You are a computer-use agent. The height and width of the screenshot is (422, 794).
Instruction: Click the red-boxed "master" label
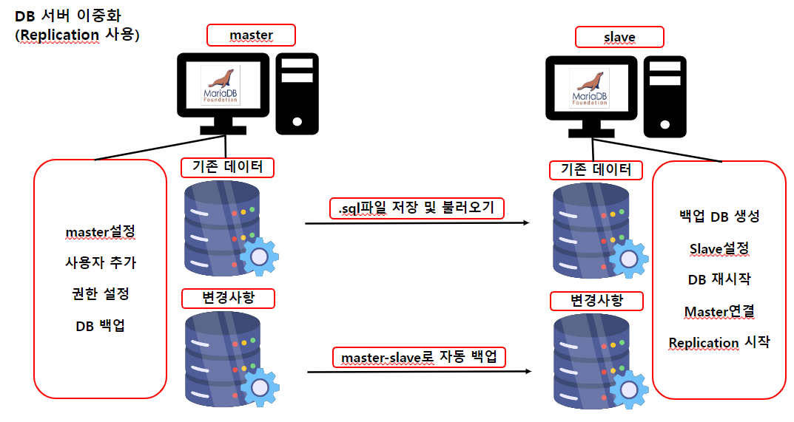point(251,35)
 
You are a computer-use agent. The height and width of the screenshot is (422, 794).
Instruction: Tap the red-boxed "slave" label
point(619,37)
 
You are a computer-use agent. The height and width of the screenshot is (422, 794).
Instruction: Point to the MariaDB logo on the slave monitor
point(589,89)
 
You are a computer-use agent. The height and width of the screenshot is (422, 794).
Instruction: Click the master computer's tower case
point(299,92)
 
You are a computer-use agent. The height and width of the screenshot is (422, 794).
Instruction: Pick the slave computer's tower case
point(665,95)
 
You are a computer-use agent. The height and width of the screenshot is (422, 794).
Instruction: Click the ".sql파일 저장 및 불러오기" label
point(417,208)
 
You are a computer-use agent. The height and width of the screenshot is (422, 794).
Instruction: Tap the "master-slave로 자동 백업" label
point(418,358)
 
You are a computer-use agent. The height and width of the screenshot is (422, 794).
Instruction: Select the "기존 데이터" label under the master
point(228,168)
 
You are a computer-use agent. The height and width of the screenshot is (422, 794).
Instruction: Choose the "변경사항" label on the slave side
point(596,301)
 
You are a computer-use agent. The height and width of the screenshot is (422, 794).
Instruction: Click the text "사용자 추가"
point(101,262)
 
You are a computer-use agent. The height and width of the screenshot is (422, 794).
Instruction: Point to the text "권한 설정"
point(101,293)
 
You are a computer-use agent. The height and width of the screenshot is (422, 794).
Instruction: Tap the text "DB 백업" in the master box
point(101,325)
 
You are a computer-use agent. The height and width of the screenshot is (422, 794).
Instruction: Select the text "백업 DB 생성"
point(719,217)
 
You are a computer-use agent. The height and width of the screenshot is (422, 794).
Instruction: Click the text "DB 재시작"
point(719,279)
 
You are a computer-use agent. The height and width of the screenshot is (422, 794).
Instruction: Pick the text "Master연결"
point(719,311)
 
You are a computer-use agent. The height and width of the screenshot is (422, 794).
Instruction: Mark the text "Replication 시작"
point(719,343)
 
